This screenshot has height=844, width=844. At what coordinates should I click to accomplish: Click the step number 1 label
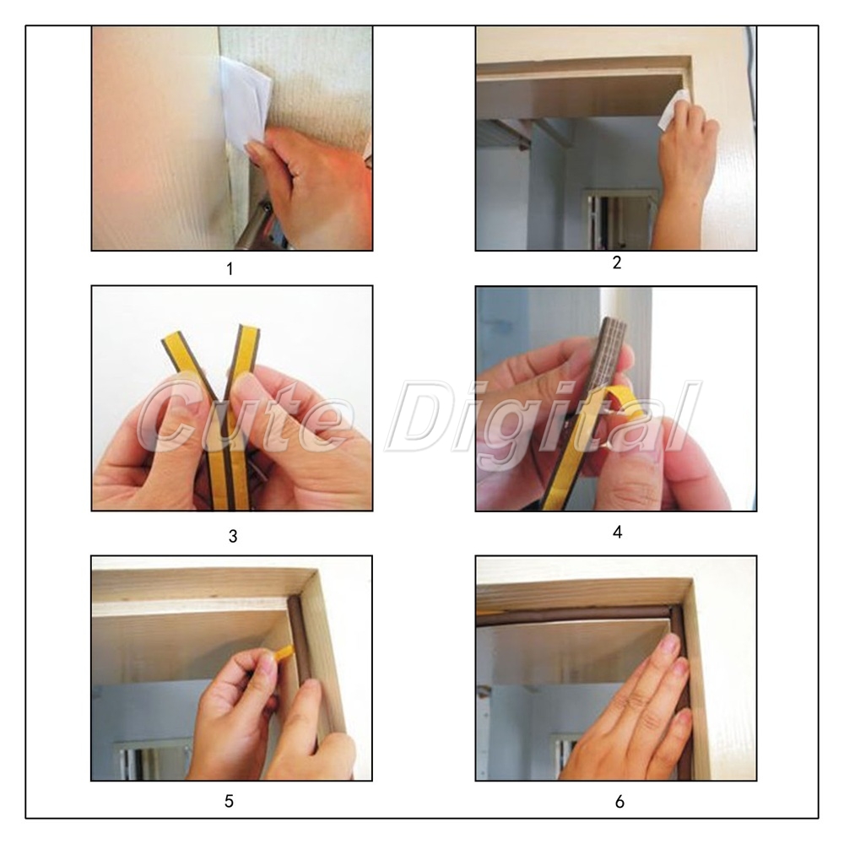[230, 268]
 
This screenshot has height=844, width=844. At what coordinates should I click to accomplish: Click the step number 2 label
[617, 262]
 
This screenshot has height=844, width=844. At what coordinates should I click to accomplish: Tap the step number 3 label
[233, 536]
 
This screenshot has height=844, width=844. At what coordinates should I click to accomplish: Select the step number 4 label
[618, 532]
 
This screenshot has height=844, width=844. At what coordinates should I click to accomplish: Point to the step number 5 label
[230, 802]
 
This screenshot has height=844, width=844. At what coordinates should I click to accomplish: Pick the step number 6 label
[619, 802]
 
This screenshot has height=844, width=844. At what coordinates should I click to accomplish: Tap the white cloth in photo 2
[674, 109]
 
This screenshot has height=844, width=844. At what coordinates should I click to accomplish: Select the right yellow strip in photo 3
[241, 414]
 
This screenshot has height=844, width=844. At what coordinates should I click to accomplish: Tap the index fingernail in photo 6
[671, 642]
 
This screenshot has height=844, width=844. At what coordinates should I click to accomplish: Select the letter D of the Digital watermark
[423, 414]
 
